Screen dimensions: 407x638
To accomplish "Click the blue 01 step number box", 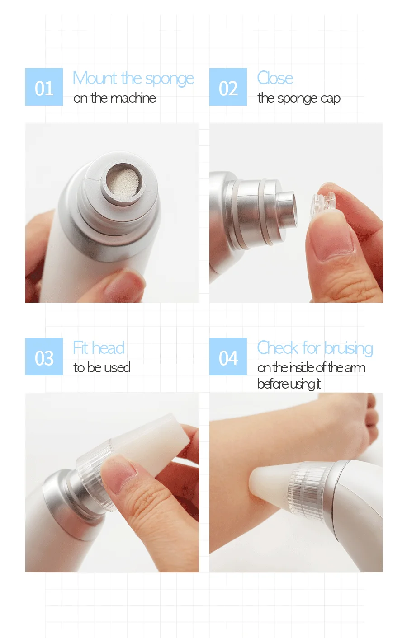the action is click(44, 87).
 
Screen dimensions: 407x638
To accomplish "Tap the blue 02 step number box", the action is click(228, 87).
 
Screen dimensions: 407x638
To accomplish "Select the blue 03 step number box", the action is click(44, 357).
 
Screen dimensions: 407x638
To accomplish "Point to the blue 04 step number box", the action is click(228, 357).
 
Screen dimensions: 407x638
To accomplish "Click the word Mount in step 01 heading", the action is click(95, 78).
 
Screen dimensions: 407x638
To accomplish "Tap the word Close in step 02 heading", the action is click(275, 78).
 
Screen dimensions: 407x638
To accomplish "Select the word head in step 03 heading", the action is click(108, 348).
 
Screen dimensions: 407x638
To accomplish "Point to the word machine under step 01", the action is click(133, 98).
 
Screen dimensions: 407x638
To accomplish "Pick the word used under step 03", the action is click(118, 368).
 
